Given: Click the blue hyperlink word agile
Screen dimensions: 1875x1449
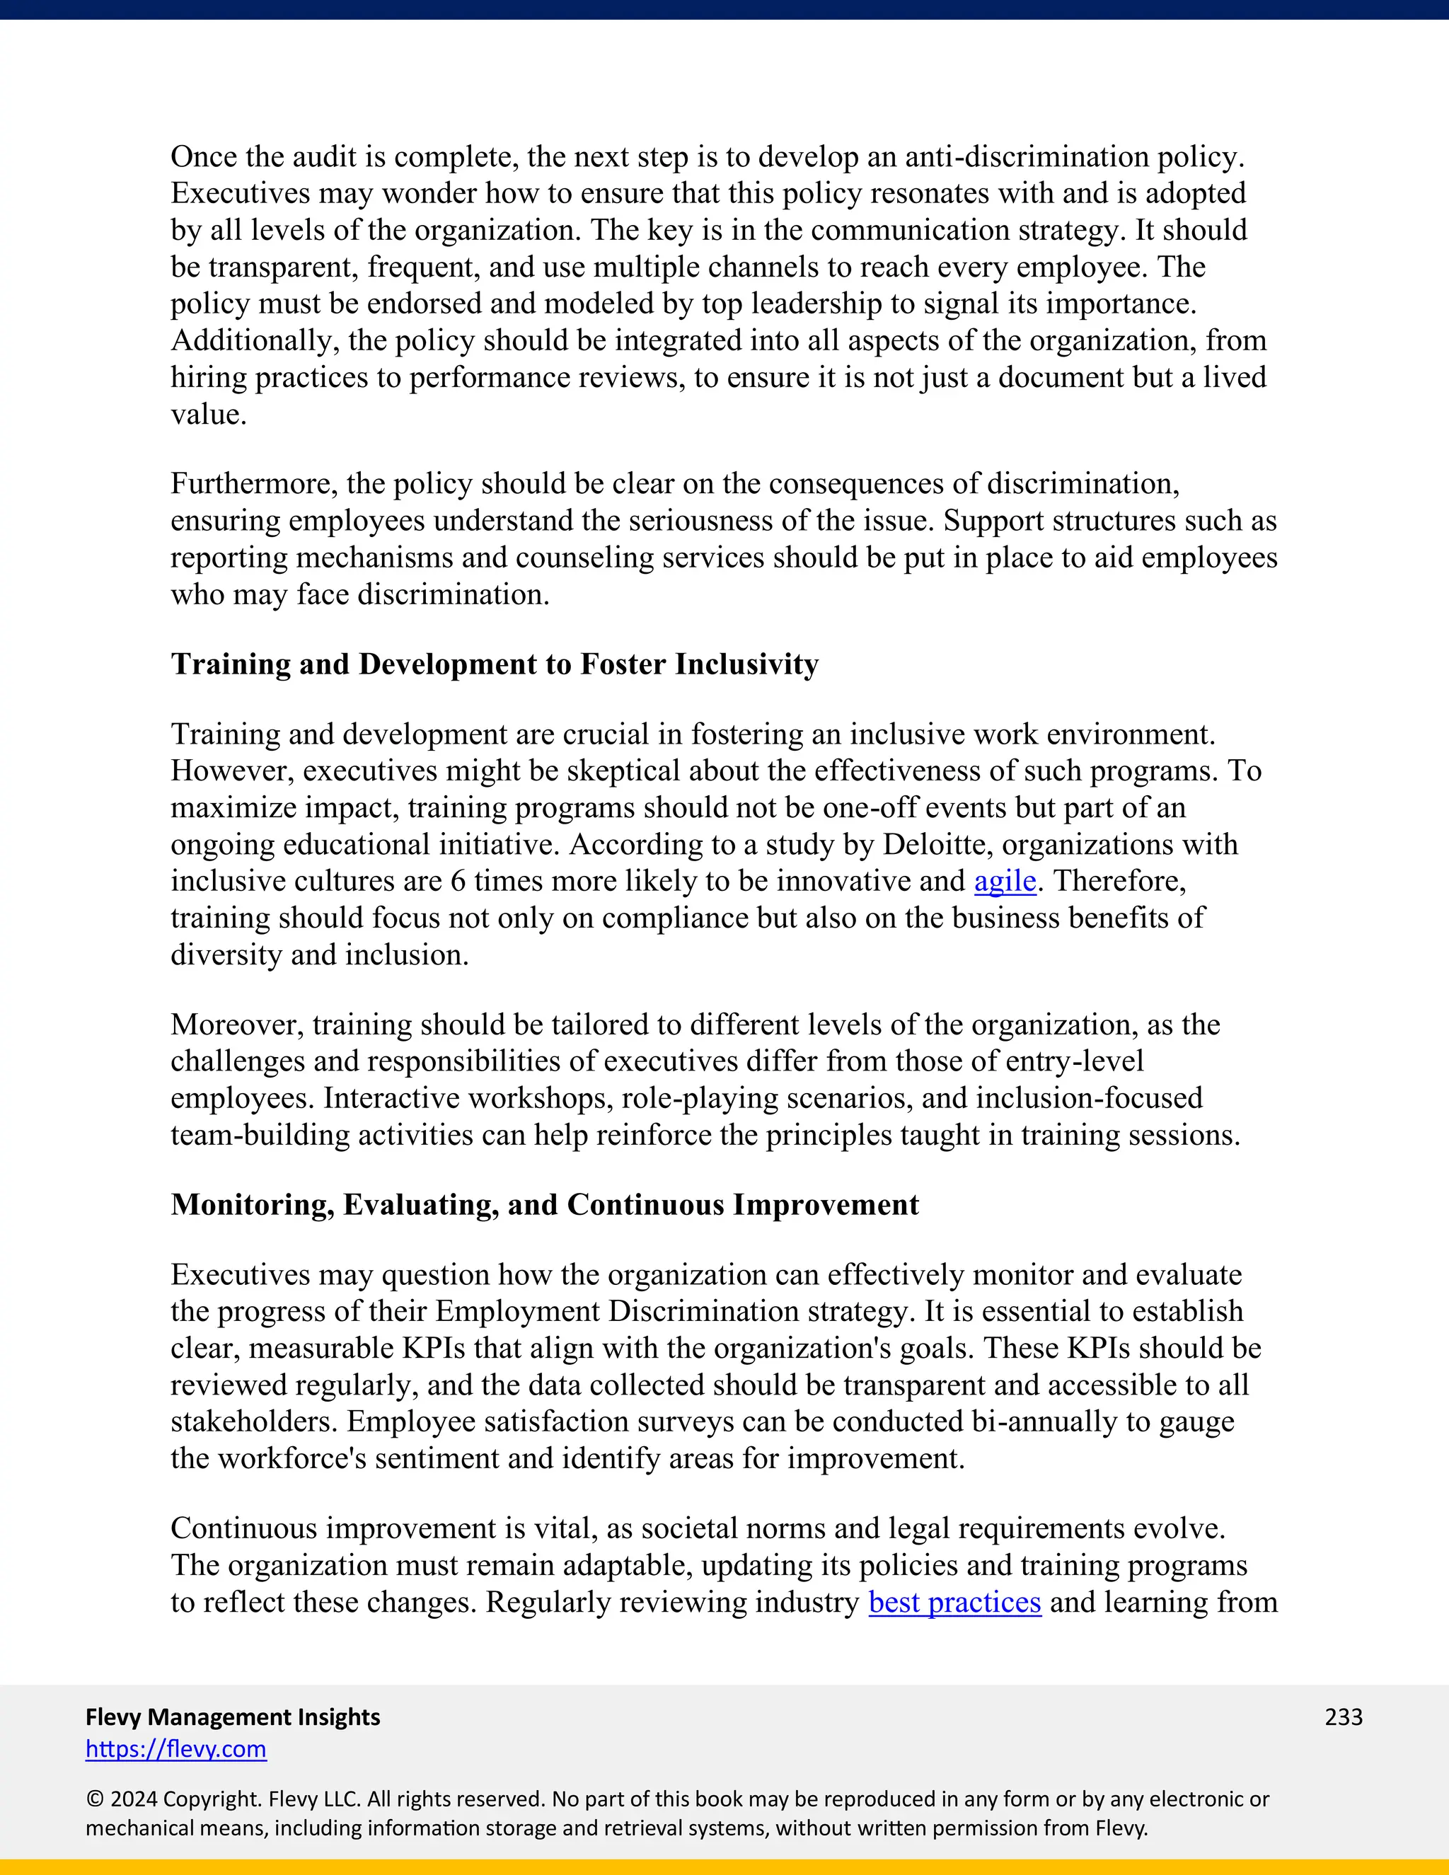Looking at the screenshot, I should click(x=1005, y=882).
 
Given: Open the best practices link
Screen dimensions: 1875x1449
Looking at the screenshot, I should click(x=954, y=1603).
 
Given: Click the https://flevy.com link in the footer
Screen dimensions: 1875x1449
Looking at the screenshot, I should click(x=176, y=1749).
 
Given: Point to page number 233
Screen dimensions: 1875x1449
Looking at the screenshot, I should click(x=1344, y=1717).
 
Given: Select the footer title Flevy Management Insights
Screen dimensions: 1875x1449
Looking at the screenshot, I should click(x=233, y=1717).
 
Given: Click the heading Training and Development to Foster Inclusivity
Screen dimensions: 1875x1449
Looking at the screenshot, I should click(x=495, y=664).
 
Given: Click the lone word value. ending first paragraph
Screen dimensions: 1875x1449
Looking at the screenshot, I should click(x=209, y=415).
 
